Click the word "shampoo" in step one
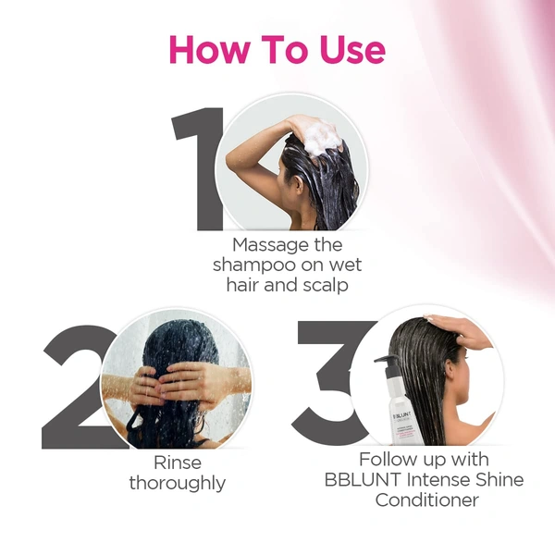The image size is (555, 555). tap(251, 265)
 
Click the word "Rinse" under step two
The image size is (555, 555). tap(177, 462)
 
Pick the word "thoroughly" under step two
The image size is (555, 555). tap(177, 483)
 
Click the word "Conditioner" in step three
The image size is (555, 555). tap(426, 500)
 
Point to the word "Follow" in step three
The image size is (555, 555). tap(388, 460)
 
